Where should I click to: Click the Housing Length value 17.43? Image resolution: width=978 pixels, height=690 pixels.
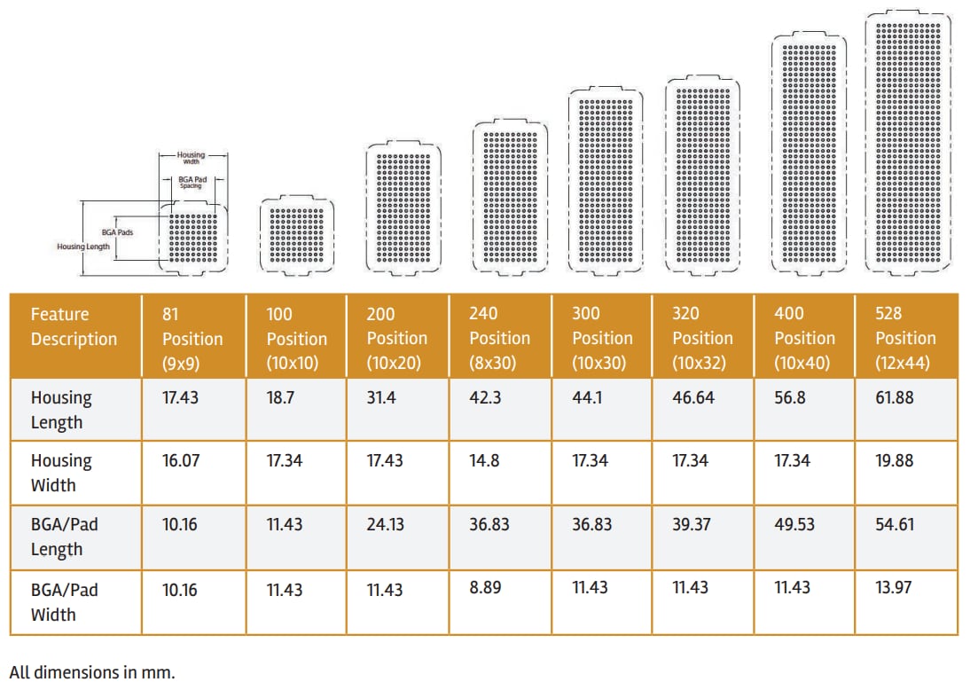click(x=180, y=398)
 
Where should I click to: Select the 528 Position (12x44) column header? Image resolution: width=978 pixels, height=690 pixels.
click(x=905, y=338)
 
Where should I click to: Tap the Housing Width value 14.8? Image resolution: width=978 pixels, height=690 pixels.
click(x=484, y=461)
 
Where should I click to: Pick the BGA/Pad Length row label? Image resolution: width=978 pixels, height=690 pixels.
click(x=64, y=537)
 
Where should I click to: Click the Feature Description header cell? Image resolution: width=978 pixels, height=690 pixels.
click(x=74, y=326)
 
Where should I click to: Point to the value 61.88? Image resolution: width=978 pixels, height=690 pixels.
click(x=894, y=398)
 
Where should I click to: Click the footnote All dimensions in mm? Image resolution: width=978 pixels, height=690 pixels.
click(x=92, y=671)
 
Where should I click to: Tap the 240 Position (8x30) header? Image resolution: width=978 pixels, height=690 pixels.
click(x=499, y=338)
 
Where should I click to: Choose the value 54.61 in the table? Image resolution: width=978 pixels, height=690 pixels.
click(x=894, y=525)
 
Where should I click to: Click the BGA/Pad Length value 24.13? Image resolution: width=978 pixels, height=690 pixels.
click(x=385, y=525)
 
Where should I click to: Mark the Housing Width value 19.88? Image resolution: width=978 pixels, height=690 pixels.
click(x=894, y=461)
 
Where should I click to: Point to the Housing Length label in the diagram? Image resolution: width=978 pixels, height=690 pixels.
click(x=83, y=247)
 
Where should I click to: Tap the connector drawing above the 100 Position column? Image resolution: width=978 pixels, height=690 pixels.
click(x=298, y=232)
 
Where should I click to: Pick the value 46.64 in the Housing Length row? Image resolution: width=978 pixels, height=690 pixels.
click(x=692, y=398)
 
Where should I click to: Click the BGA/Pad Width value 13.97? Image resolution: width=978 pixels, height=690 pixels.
click(x=893, y=587)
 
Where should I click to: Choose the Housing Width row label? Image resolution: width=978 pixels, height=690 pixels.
click(x=60, y=473)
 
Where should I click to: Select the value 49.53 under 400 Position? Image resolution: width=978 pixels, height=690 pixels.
click(x=794, y=525)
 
